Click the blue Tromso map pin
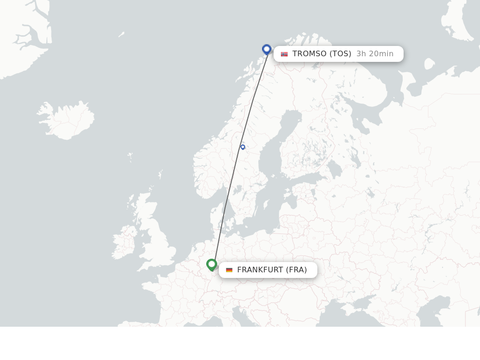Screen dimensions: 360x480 [x=267, y=49]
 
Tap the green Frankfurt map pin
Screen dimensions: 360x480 [x=211, y=264]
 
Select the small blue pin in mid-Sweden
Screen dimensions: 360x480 [x=243, y=147]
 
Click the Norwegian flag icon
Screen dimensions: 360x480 [x=284, y=54]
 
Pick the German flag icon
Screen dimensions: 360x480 [x=229, y=270]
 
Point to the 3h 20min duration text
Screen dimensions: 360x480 [x=375, y=54]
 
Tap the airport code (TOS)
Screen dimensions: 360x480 [x=340, y=54]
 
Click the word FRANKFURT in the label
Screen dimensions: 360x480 [x=260, y=270]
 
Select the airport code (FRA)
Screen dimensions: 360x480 [x=296, y=270]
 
